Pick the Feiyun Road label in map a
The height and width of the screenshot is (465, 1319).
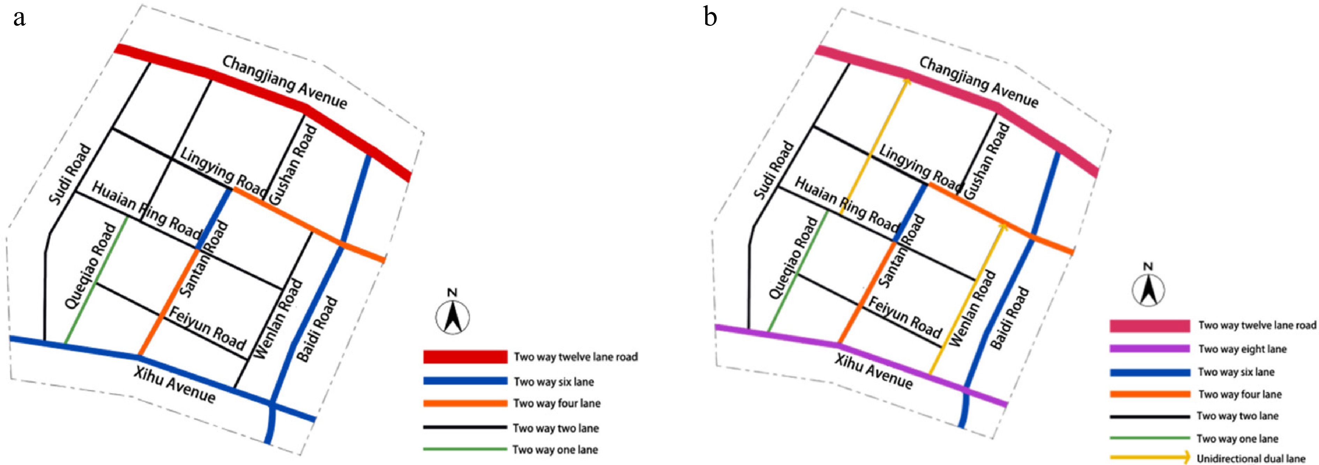[207, 328]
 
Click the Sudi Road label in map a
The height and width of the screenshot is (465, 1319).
[70, 174]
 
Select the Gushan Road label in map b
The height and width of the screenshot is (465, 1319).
[986, 161]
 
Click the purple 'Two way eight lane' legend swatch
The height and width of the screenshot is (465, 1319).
[1149, 349]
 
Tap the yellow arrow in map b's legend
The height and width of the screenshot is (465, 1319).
[1149, 457]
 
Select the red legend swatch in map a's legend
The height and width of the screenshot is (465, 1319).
[465, 357]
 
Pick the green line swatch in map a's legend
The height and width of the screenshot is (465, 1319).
[465, 449]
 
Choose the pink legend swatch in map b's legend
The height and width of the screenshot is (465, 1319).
[1149, 326]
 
